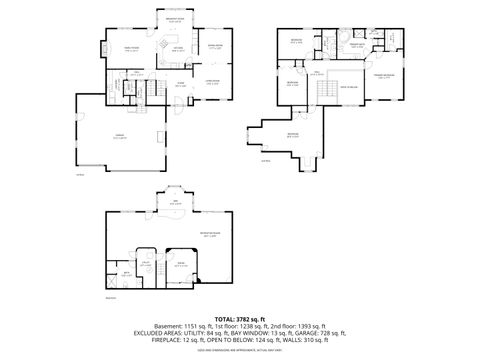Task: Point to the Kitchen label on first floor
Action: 177,48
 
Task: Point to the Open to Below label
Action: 347,88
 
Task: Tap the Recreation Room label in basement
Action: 208,234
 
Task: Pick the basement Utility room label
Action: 146,263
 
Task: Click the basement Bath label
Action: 126,272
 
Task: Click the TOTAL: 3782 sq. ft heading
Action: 239,319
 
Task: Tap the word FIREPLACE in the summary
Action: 165,343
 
